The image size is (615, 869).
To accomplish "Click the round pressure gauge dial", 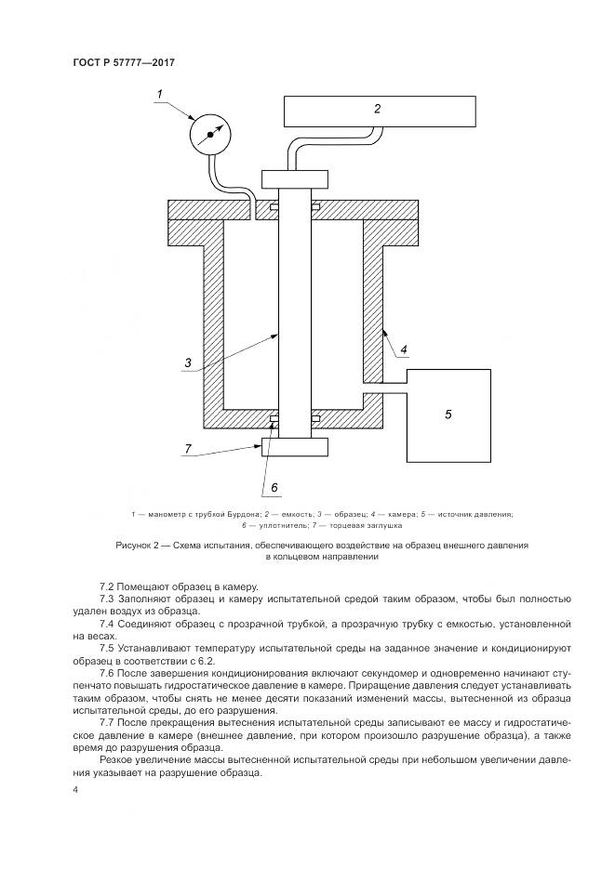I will pos(210,136).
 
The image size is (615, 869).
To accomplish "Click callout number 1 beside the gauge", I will pos(160,93).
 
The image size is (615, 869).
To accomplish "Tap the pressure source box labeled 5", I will pos(448,414).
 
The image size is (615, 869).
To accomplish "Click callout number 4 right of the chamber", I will pos(404,350).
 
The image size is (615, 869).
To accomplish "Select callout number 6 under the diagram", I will pos(274,486).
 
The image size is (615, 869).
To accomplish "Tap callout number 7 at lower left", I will pos(188,449).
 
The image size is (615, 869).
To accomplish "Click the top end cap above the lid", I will pos(295,178).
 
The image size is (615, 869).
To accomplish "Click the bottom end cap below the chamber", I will pos(295,447).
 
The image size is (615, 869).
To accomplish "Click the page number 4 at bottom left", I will pos(75,790).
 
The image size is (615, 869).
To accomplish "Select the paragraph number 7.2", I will pos(107,585).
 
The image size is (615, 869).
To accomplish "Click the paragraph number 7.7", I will pos(107,719).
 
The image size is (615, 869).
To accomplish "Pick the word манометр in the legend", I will pos(168,514).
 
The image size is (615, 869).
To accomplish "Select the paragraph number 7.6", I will pos(107,671).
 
